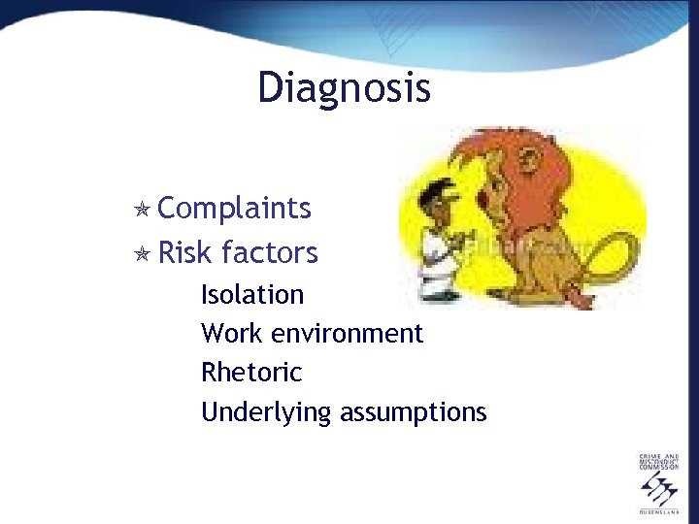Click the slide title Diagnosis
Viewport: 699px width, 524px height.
(344, 88)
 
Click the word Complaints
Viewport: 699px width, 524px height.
(234, 208)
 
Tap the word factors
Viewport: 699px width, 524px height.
(269, 253)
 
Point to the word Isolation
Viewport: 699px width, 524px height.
(252, 294)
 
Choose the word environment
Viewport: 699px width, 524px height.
(348, 334)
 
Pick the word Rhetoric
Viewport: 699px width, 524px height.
(251, 373)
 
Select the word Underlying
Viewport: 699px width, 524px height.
(266, 412)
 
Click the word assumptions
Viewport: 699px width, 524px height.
(413, 412)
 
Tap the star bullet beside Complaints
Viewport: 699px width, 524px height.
(142, 210)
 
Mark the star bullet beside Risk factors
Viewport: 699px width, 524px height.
(142, 254)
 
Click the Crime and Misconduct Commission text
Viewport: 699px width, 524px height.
(659, 462)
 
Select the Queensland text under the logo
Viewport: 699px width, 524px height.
(659, 510)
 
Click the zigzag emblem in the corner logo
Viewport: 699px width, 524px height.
(659, 489)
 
